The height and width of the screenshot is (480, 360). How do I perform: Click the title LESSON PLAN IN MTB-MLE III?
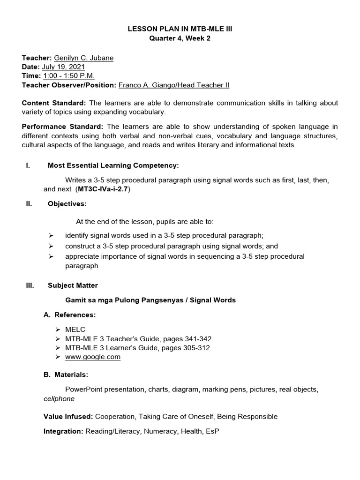(x=180, y=29)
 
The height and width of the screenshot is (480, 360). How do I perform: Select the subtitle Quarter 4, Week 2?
(x=180, y=38)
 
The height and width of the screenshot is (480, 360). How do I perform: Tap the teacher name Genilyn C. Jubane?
(x=83, y=58)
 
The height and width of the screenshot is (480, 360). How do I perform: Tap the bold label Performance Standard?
(x=63, y=126)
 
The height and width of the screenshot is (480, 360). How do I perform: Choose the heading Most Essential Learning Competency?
(x=113, y=165)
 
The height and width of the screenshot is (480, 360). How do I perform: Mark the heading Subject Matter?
(x=73, y=285)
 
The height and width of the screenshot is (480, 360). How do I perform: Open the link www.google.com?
(x=93, y=357)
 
